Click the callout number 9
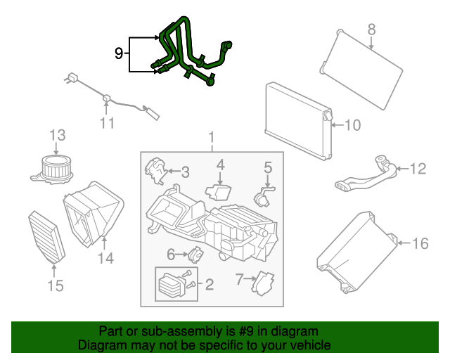click(x=119, y=53)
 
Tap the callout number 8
click(x=371, y=30)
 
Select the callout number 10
click(x=352, y=125)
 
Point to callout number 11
click(x=107, y=123)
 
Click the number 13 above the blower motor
click(x=58, y=135)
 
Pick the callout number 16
click(x=420, y=243)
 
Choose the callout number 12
click(x=418, y=169)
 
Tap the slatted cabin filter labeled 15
click(x=47, y=237)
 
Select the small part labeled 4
click(x=219, y=193)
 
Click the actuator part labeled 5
click(x=263, y=197)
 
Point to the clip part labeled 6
click(x=196, y=255)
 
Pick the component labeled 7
click(x=262, y=283)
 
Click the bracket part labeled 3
click(x=155, y=171)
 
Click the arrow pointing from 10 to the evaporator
click(x=337, y=125)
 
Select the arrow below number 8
click(x=371, y=43)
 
